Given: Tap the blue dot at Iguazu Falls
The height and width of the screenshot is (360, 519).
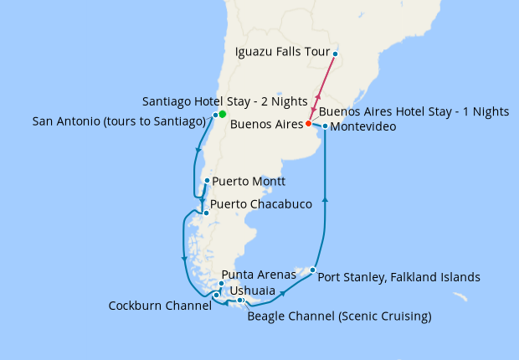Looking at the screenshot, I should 335,54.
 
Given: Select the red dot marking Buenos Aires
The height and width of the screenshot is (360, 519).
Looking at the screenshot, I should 308,124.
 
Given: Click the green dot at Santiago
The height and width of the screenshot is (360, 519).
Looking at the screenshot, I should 222,114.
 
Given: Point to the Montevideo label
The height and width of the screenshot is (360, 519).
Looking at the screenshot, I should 357,127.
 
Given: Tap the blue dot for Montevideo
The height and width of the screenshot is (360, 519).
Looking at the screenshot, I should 325,127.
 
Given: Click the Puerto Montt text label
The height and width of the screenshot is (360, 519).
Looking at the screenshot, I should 249,181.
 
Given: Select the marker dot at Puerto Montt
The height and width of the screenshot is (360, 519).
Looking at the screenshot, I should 207,180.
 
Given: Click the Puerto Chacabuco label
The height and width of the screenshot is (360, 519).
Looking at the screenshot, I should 261,204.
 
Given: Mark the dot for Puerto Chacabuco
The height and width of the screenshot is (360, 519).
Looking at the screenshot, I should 206,213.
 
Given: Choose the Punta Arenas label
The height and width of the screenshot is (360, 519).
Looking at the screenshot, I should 258,275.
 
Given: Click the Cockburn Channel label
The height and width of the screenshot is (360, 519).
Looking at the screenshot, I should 160,306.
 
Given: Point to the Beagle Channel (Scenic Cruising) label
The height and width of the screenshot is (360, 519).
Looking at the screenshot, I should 340,316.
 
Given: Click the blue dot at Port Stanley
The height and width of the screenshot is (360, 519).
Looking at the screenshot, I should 312,270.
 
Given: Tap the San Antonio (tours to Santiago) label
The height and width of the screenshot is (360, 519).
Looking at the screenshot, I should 120,122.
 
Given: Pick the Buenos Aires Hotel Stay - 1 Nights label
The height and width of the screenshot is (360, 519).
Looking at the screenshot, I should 414,111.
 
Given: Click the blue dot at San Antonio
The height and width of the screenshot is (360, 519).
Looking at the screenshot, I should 215,115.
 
